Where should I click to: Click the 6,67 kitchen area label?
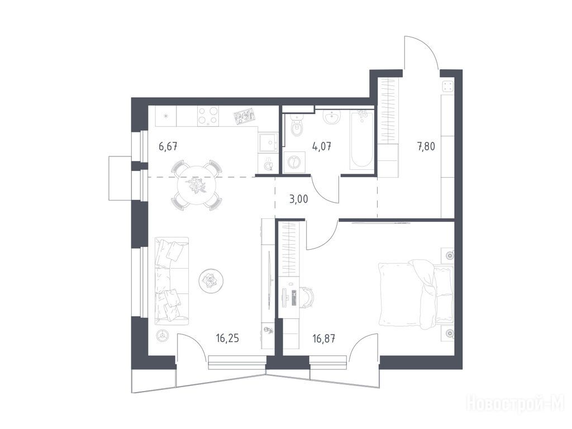168,147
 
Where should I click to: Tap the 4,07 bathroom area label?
321,147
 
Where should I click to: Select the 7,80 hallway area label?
426,147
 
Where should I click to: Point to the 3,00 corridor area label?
298,199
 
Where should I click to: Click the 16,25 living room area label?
227,339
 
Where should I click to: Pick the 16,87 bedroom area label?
324,339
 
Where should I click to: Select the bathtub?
361,140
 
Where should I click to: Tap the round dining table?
196,185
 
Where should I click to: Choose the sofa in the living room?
171,281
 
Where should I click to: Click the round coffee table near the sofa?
211,280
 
